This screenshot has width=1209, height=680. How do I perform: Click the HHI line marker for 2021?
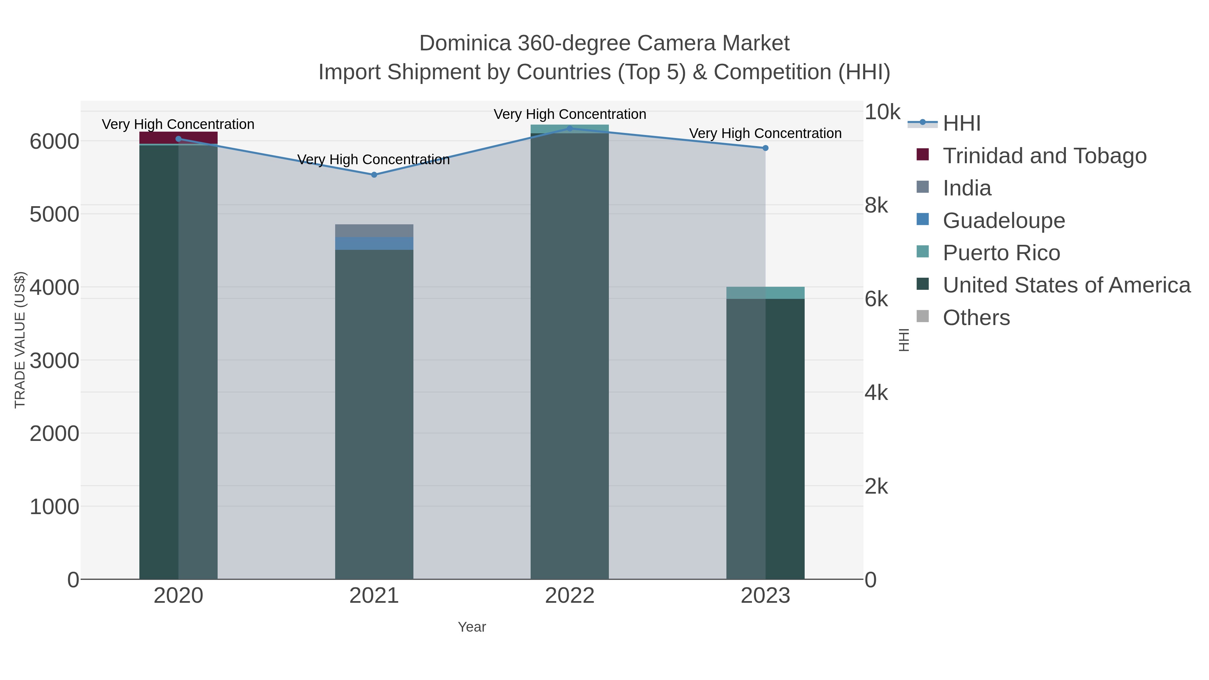[x=374, y=175]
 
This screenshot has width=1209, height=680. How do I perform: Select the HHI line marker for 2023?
[x=765, y=148]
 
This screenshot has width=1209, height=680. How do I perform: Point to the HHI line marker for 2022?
[x=570, y=128]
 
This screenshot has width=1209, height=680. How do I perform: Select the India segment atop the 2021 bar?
[x=374, y=231]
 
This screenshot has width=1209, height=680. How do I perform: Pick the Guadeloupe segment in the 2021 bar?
[x=374, y=243]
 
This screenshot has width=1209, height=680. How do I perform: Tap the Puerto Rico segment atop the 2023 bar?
[x=765, y=293]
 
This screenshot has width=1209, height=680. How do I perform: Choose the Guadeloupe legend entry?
[x=1003, y=221]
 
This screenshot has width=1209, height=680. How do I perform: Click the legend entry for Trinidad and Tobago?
[x=1044, y=156]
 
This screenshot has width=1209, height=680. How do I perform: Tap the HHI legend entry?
[x=961, y=124]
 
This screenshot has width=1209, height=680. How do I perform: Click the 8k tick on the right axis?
[x=876, y=205]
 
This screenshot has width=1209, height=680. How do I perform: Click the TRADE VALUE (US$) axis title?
[x=20, y=340]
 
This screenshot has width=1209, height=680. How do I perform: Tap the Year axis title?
[x=472, y=627]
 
